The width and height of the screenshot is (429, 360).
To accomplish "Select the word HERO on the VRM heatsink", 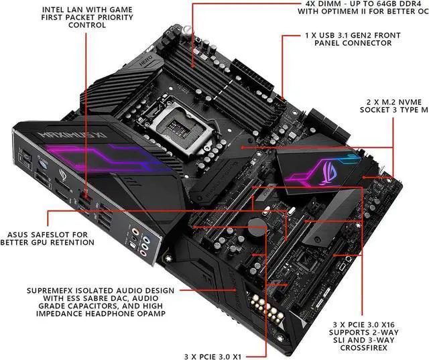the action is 146,60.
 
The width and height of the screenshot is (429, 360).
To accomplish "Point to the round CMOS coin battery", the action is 257,227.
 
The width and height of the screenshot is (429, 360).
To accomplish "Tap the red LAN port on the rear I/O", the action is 85,194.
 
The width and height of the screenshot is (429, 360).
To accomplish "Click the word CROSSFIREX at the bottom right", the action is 364,348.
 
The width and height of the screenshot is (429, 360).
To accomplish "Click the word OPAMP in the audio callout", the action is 152,314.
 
